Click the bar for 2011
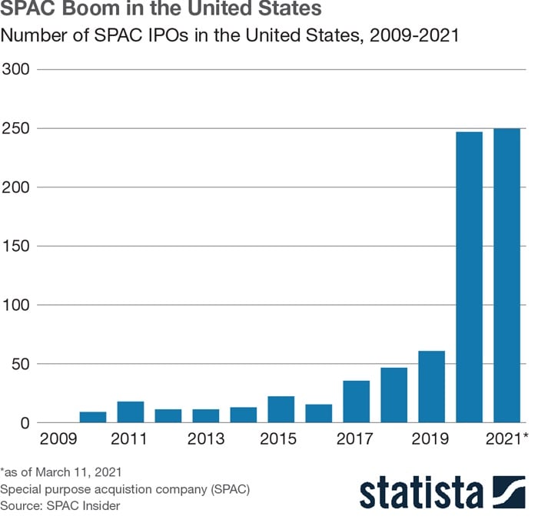click(131, 412)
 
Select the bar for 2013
click(206, 415)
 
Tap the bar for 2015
click(281, 409)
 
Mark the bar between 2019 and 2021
click(470, 277)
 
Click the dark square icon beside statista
click(508, 491)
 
